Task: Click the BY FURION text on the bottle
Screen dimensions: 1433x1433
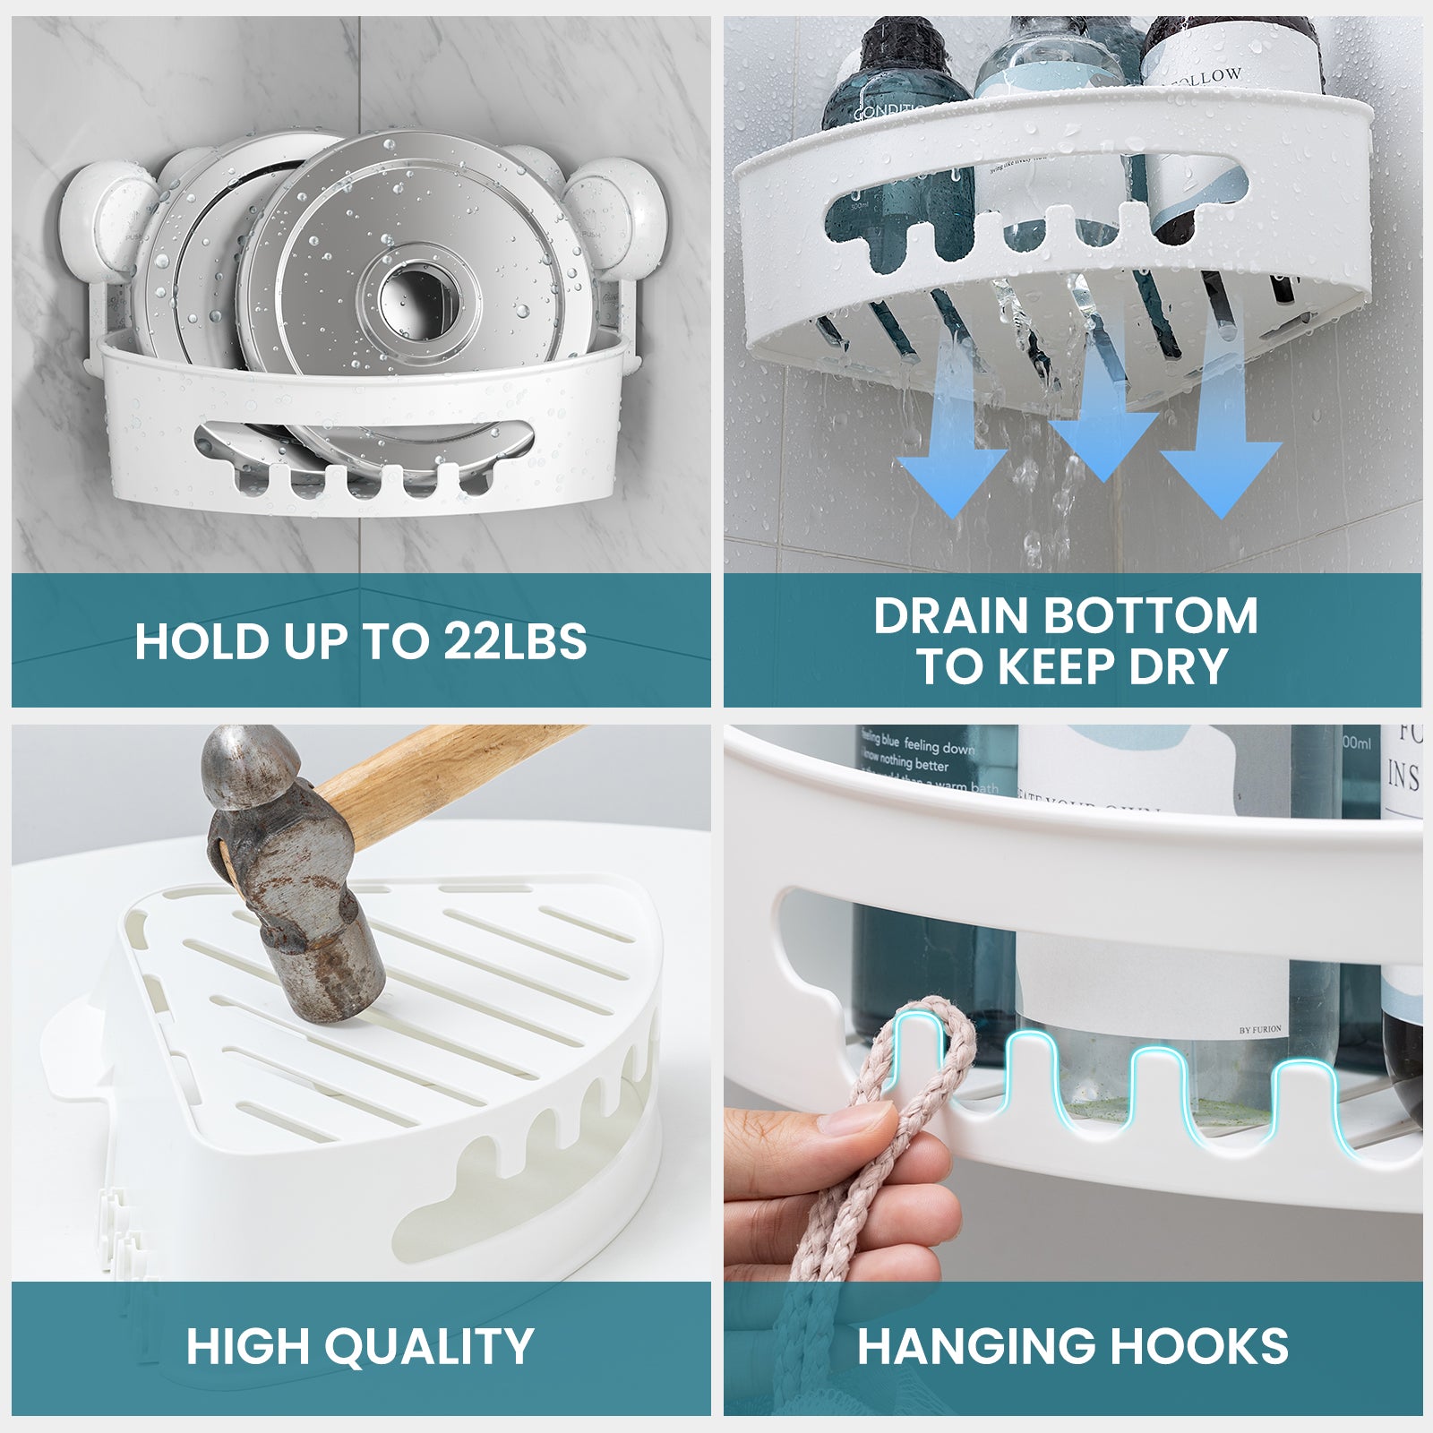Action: point(1260,1030)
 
